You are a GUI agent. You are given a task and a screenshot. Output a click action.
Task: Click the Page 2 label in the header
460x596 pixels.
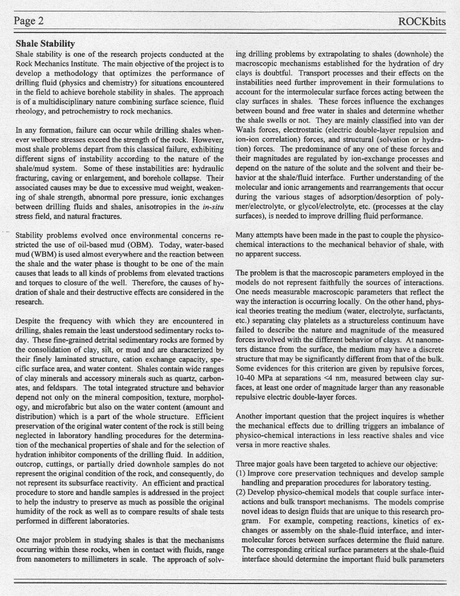coord(30,22)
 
